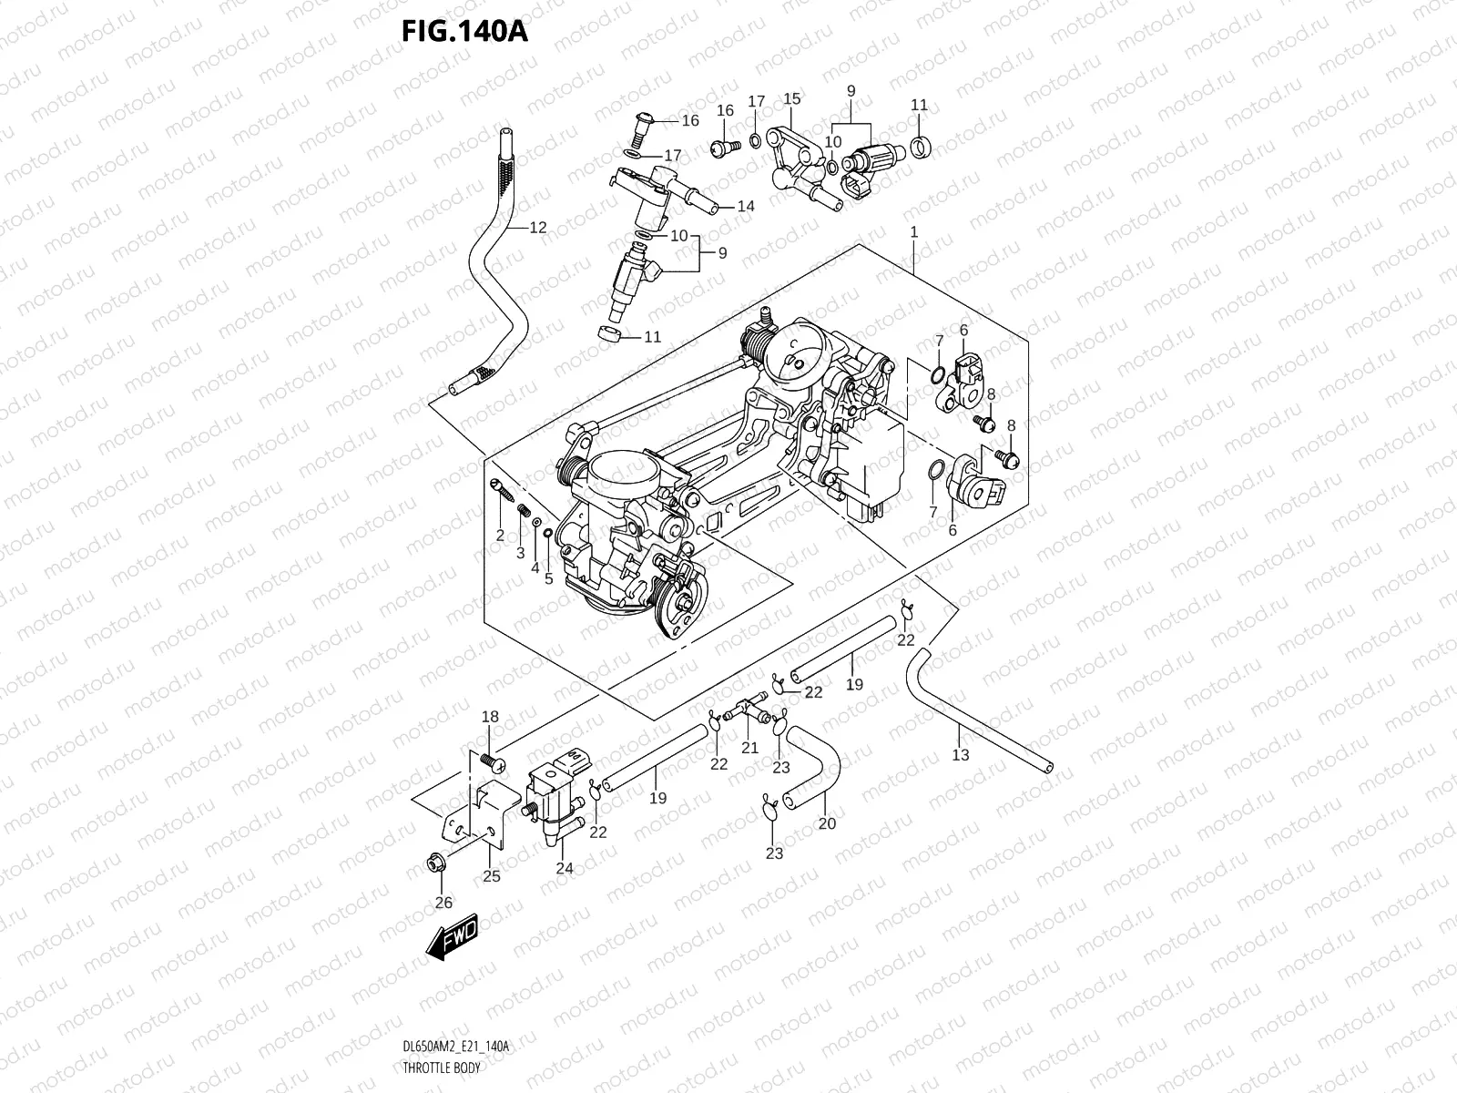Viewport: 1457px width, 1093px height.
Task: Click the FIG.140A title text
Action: (464, 32)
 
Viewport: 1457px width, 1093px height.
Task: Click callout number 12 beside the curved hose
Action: (538, 228)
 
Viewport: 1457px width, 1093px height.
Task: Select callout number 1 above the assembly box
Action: (914, 232)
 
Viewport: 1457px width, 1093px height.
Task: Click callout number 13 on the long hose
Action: (961, 755)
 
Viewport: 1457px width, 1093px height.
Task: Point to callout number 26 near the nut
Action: (443, 903)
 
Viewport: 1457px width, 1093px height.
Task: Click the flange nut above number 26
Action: (435, 863)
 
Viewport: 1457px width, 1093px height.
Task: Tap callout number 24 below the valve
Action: (565, 868)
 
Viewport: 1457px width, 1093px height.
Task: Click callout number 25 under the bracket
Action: (492, 877)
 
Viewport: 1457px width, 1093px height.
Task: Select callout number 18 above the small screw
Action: (490, 717)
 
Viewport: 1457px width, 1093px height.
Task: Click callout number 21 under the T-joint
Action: (749, 748)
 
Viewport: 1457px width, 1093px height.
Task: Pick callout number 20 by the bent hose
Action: (827, 823)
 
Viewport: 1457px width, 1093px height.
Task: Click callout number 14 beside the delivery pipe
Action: (746, 207)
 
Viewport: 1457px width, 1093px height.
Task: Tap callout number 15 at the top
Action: (791, 98)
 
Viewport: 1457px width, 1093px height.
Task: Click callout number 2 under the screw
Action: (500, 536)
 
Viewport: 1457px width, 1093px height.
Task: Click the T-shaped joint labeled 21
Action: (749, 707)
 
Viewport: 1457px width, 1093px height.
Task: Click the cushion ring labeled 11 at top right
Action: (920, 143)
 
